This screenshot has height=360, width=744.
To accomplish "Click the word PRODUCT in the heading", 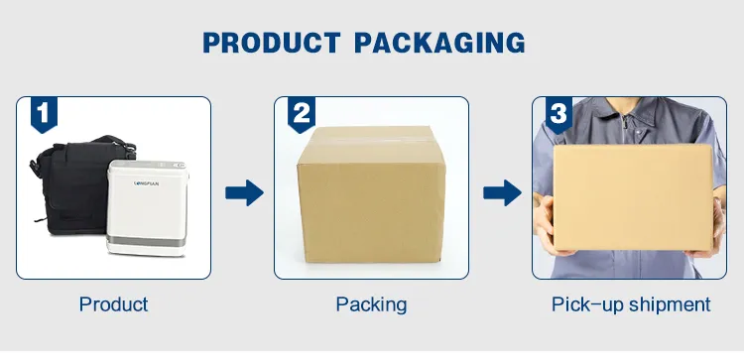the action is click(x=272, y=43).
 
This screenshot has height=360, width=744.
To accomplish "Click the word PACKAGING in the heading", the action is click(x=439, y=43).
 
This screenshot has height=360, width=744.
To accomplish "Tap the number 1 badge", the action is click(x=44, y=114).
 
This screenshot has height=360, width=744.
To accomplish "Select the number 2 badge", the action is click(x=302, y=114).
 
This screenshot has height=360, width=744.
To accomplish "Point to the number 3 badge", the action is click(x=558, y=114).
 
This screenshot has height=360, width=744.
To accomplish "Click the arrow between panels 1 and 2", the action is click(x=244, y=192).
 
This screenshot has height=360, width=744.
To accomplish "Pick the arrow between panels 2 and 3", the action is click(x=502, y=192).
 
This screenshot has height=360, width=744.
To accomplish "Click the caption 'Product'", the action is click(x=113, y=304).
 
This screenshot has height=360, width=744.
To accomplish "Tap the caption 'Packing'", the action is click(x=371, y=304).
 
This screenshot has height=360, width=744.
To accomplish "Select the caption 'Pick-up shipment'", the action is click(x=631, y=304).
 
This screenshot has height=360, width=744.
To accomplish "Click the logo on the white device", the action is click(x=147, y=183).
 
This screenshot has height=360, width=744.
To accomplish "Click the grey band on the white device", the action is click(x=146, y=240).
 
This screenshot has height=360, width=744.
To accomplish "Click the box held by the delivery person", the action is click(x=634, y=197).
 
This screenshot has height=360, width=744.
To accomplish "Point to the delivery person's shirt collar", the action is click(x=629, y=114).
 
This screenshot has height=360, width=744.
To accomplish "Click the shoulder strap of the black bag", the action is click(x=114, y=142).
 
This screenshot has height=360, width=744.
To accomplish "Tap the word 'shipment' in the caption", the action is click(x=670, y=304).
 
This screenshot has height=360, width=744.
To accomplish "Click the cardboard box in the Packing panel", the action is click(x=371, y=194).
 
